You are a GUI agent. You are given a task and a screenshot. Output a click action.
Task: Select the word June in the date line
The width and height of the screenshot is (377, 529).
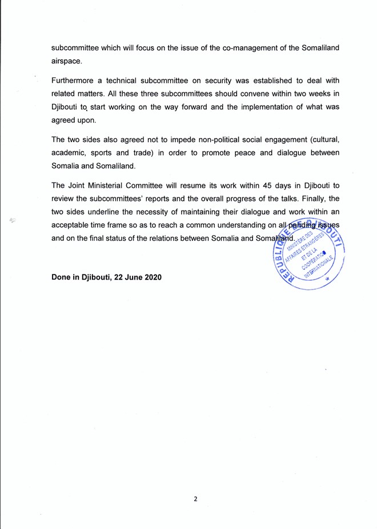129,277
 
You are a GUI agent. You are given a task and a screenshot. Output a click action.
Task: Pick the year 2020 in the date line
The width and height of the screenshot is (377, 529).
151,277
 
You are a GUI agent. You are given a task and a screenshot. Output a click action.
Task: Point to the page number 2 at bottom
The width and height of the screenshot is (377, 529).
195,499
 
